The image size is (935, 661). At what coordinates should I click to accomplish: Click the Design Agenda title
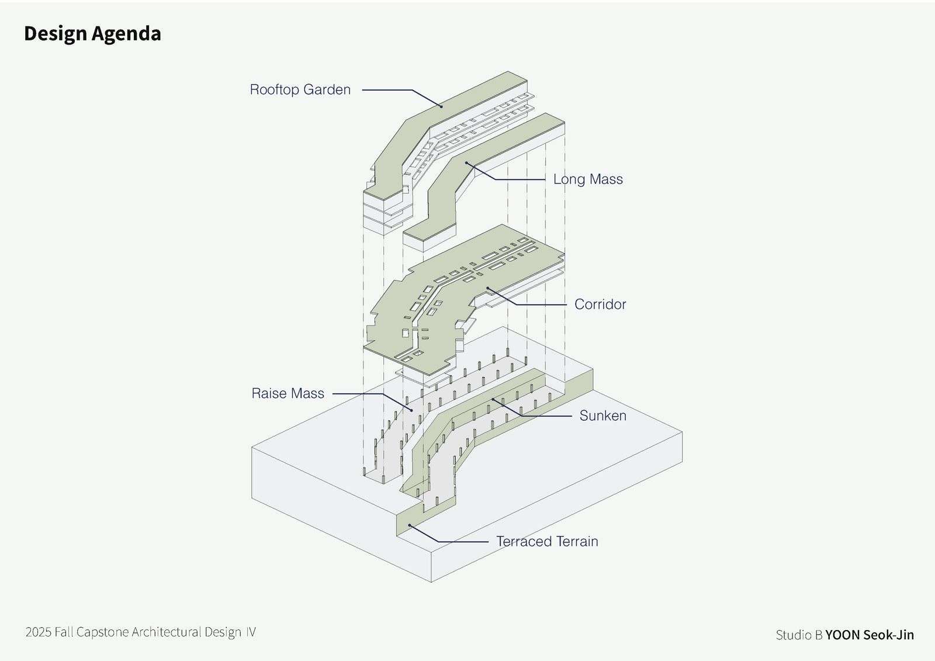pyautogui.click(x=92, y=34)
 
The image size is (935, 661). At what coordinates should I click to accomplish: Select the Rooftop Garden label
pyautogui.click(x=300, y=89)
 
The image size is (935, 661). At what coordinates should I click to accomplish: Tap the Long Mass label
pyautogui.click(x=588, y=179)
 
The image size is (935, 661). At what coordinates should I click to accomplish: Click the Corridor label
pyautogui.click(x=600, y=304)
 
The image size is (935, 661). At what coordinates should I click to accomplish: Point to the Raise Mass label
pyautogui.click(x=288, y=393)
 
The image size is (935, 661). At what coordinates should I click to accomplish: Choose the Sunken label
pyautogui.click(x=602, y=416)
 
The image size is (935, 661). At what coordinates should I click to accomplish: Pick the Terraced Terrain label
pyautogui.click(x=547, y=541)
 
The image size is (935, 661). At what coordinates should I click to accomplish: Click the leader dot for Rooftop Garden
pyautogui.click(x=441, y=106)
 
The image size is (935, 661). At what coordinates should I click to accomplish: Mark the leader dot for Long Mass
pyautogui.click(x=466, y=162)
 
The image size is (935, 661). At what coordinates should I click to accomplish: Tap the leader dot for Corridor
pyautogui.click(x=488, y=288)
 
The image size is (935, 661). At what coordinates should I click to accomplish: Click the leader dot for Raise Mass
pyautogui.click(x=411, y=410)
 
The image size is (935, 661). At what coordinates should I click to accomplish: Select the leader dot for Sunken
pyautogui.click(x=493, y=400)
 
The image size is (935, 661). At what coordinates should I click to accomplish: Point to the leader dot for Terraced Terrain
pyautogui.click(x=410, y=525)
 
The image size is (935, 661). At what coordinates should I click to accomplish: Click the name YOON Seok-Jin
pyautogui.click(x=869, y=635)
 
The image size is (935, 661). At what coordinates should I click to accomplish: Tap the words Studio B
pyautogui.click(x=799, y=635)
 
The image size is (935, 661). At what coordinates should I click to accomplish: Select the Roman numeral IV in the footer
pyautogui.click(x=250, y=632)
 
